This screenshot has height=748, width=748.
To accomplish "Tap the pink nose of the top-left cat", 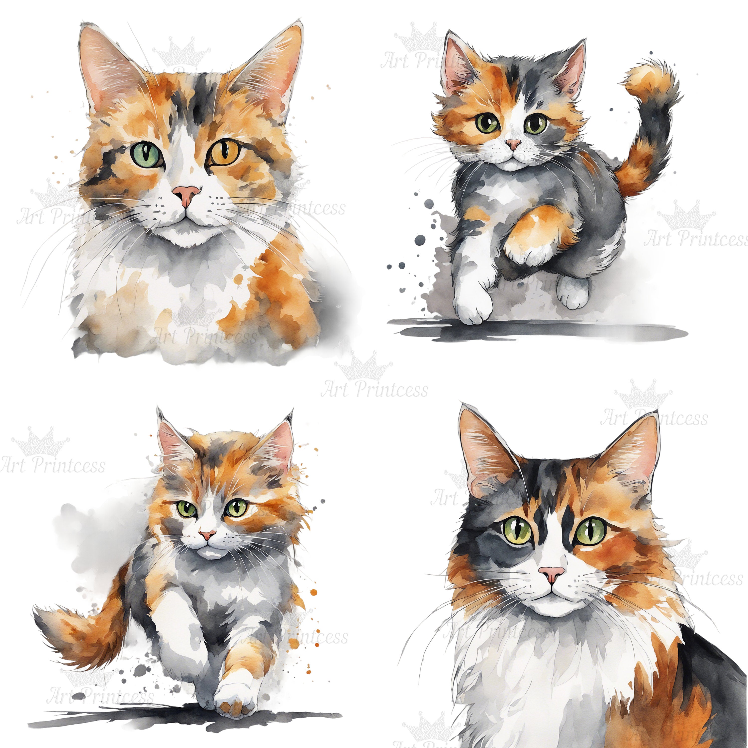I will point(187,193).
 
